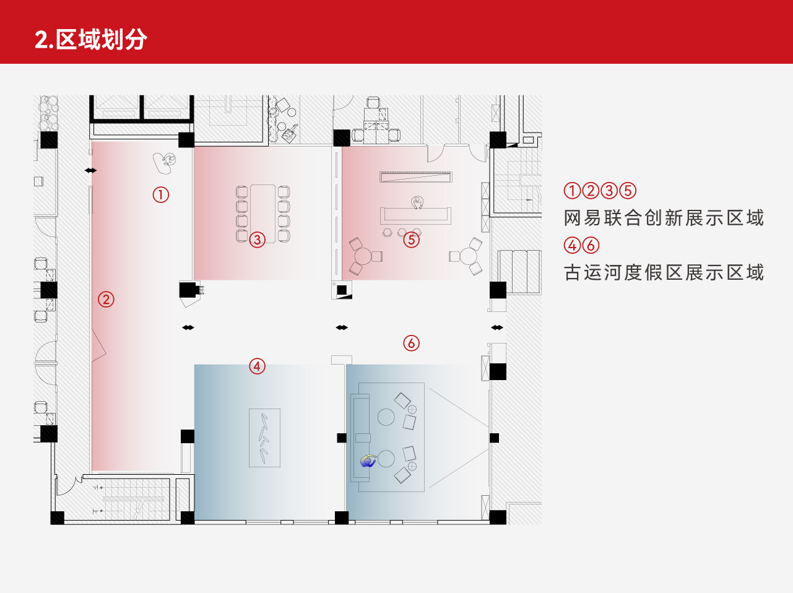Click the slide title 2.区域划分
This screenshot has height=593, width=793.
pos(91,39)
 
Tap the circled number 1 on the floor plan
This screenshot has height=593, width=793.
pos(161,194)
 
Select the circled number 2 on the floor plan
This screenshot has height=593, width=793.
pos(106,300)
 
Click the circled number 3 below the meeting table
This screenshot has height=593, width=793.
pos(258,239)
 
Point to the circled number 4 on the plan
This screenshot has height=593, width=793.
pos(258,366)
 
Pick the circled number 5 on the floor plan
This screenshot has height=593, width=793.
pos(412,239)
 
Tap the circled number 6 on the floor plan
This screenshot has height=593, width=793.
pos(412,343)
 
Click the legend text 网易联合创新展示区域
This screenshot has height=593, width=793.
pos(664,218)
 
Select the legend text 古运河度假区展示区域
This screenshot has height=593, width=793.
pos(664,272)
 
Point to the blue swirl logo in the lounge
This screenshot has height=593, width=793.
pos(368,461)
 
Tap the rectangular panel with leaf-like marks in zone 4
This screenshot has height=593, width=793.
pos(264,438)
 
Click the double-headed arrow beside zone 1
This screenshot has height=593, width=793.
pos(91,170)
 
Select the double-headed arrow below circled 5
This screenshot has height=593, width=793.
pos(342,327)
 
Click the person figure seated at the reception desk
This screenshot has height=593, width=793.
pos(417,202)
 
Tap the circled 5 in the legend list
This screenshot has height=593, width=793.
pos(628,191)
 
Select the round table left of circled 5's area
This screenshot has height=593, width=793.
pos(363,256)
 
